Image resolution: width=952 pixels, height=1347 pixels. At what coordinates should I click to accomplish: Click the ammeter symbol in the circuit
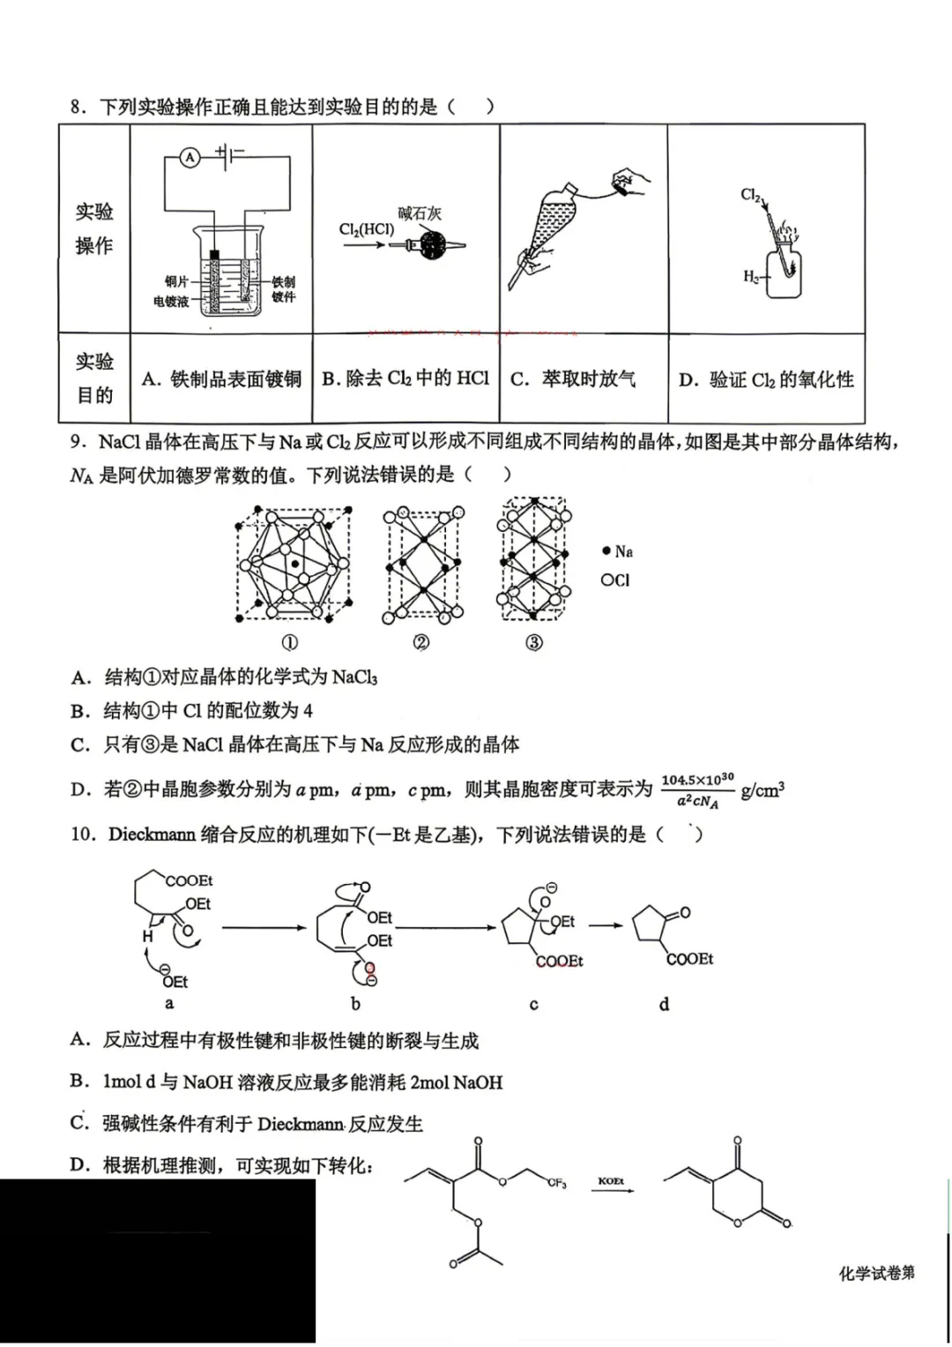(x=190, y=158)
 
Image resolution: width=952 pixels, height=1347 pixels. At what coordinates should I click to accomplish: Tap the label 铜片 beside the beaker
(x=176, y=281)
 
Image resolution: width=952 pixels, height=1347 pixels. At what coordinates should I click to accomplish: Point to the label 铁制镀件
(x=283, y=289)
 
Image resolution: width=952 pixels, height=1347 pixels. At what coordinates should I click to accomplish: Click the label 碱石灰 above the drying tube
(x=420, y=213)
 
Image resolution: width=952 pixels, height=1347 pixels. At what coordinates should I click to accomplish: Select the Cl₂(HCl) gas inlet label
(x=366, y=229)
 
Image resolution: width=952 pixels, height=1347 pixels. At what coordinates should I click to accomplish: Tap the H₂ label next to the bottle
(x=750, y=276)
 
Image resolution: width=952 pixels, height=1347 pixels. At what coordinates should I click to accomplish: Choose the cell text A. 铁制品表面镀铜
(x=221, y=379)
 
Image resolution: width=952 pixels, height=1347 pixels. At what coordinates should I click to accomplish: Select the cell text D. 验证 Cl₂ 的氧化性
(x=765, y=380)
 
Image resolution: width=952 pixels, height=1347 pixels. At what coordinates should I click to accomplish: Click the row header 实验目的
(x=94, y=378)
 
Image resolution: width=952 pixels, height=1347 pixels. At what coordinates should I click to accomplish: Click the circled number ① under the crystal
(x=289, y=642)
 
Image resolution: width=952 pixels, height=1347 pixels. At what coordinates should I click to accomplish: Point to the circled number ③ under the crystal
(x=533, y=642)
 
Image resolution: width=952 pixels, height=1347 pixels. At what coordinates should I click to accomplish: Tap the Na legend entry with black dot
(x=618, y=551)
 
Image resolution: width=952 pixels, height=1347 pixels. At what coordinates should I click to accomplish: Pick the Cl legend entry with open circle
(x=615, y=580)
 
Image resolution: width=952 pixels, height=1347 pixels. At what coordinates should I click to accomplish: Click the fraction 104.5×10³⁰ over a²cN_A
(x=696, y=790)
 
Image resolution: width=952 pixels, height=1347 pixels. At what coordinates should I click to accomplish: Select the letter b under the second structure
(x=355, y=1003)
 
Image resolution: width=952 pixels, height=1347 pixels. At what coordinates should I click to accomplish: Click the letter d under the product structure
(x=664, y=1004)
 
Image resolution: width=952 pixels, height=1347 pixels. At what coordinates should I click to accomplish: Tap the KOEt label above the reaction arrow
(x=611, y=1181)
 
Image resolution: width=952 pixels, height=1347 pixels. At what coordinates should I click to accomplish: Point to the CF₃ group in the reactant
(x=556, y=1183)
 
